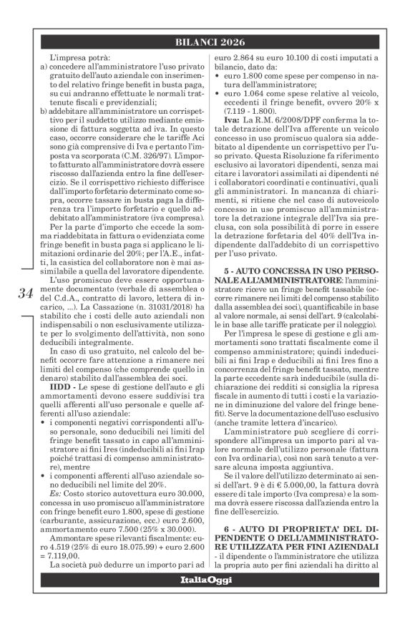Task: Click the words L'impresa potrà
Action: pyautogui.click(x=69, y=57)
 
